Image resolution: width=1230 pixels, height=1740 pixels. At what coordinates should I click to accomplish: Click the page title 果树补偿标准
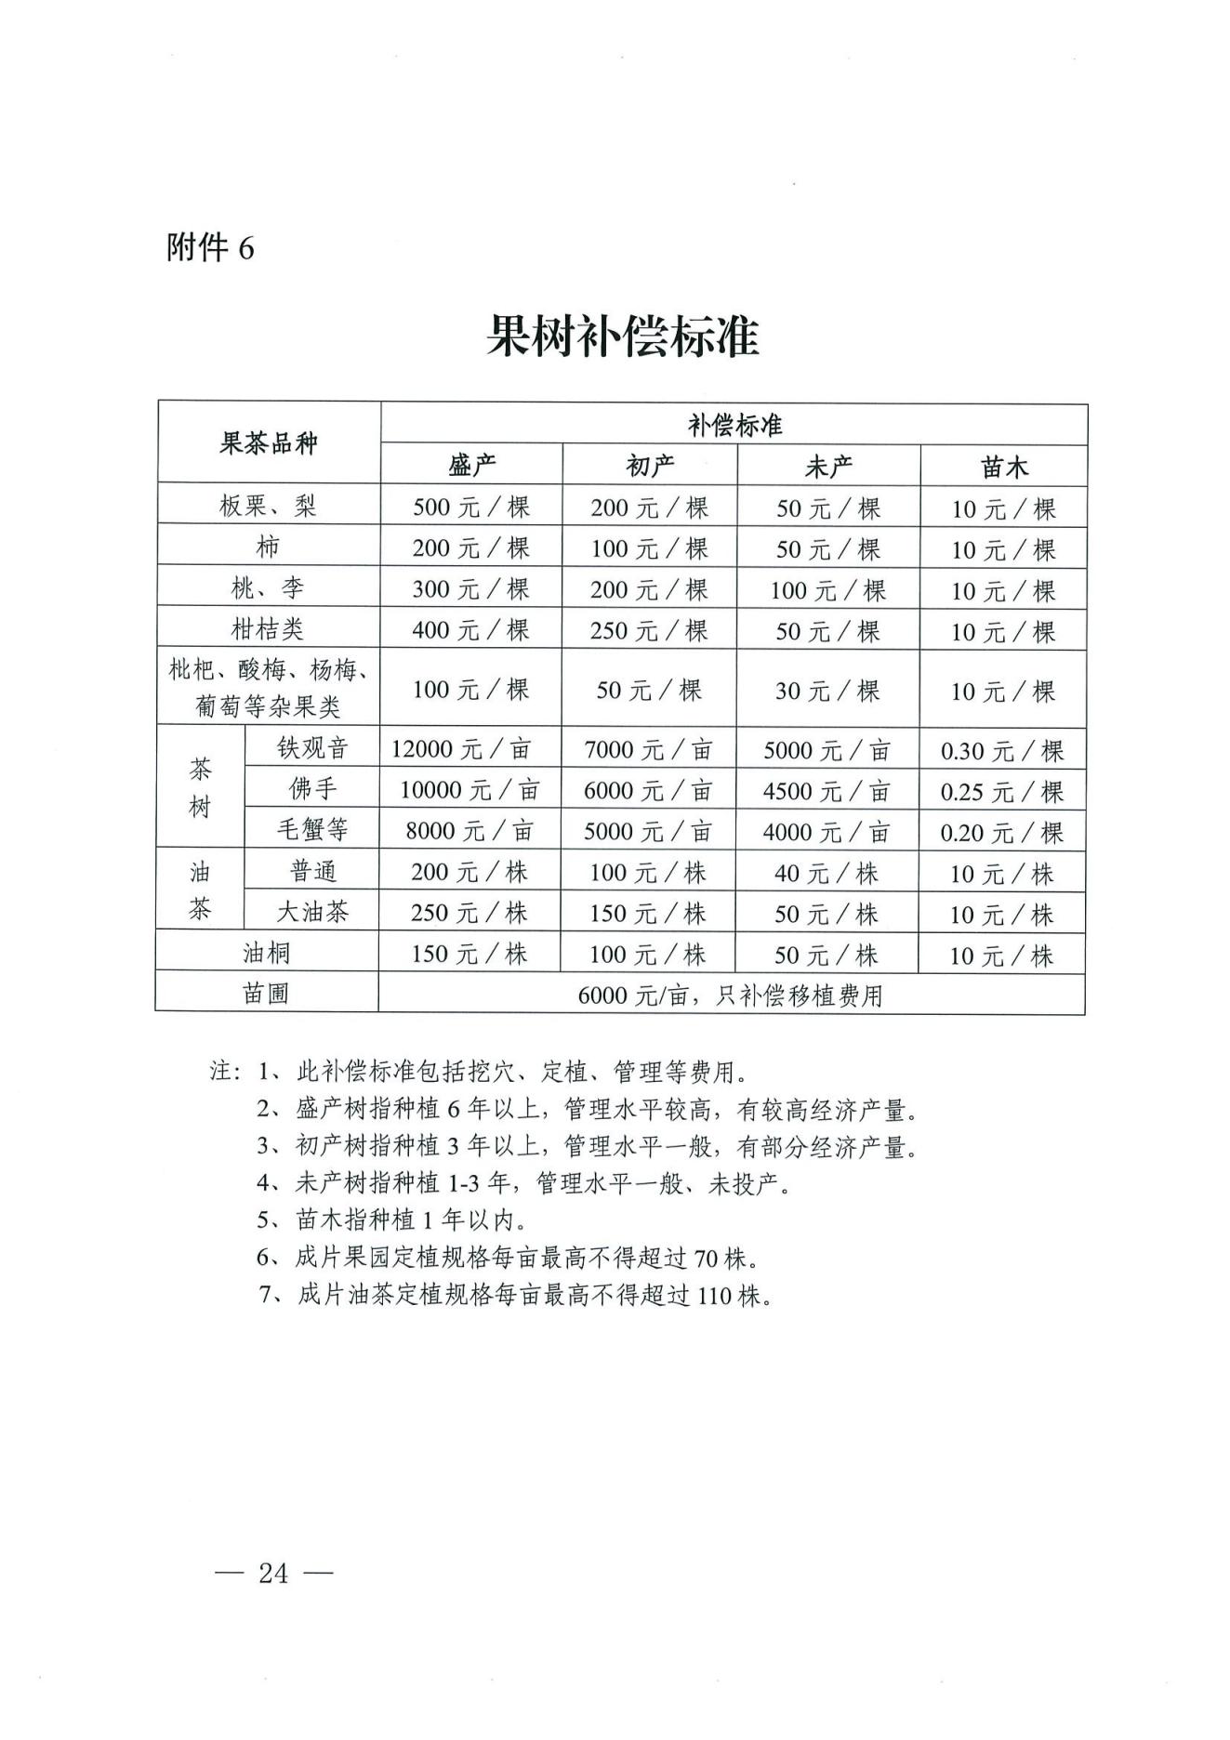pos(622,336)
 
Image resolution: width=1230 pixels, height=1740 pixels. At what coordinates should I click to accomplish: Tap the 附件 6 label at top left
pos(210,248)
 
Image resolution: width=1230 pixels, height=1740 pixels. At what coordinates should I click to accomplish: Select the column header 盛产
pos(471,466)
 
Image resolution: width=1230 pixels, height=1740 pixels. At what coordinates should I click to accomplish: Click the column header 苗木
pos(1004,467)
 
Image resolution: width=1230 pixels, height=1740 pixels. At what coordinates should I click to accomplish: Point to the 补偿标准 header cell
pos(734,425)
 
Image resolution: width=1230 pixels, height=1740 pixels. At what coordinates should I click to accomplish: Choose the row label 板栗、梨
pos(268,506)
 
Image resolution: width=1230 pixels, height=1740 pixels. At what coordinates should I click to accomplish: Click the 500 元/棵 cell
pos(471,507)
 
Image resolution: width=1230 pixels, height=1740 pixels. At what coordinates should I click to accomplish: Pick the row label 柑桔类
pos(268,629)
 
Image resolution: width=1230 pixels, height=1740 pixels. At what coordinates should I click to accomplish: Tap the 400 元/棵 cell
pos(471,630)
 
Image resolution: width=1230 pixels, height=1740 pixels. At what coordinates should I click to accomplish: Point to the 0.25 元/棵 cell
pos(1001,791)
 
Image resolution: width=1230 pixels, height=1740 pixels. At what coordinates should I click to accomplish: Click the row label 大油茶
pos(312,912)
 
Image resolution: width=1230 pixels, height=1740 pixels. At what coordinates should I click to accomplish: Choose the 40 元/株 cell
pos(827,873)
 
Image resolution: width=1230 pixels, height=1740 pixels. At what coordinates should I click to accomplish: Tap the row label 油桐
pos(267,953)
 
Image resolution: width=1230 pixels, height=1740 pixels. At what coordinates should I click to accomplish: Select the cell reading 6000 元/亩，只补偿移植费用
pos(731,995)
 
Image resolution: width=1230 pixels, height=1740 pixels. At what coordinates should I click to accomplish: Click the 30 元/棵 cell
pos(827,691)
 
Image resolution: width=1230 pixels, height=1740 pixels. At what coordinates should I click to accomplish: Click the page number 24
pos(273,1573)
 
